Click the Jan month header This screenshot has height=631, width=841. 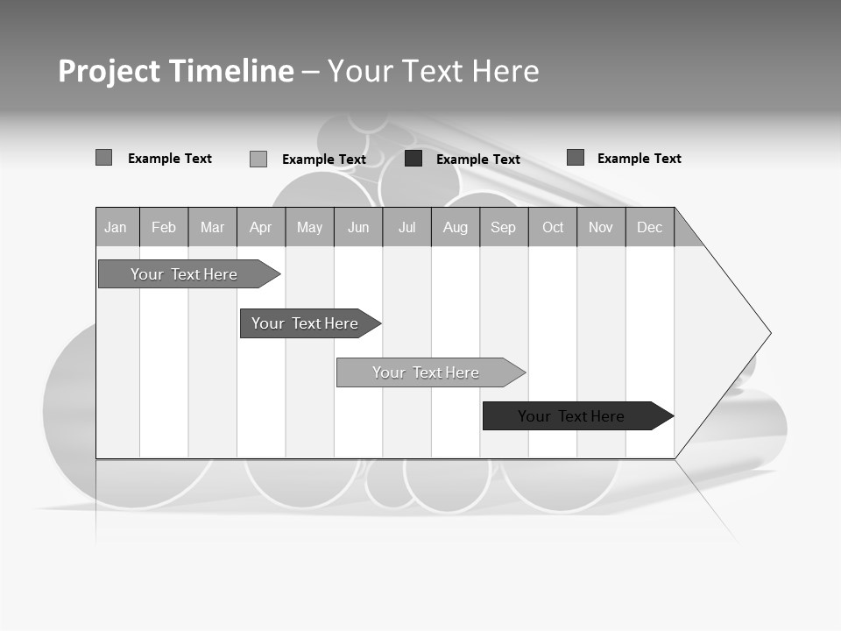click(116, 228)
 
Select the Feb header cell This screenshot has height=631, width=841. click(164, 228)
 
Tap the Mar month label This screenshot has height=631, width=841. click(212, 228)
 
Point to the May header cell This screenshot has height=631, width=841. click(309, 228)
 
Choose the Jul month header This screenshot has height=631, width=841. click(406, 228)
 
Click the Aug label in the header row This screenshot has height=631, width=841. click(456, 228)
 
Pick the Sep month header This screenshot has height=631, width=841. click(504, 228)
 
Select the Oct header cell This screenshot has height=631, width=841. click(553, 228)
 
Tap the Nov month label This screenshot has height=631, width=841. click(601, 228)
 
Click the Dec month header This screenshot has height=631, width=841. click(650, 228)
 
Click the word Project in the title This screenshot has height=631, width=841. click(110, 71)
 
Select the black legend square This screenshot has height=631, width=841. click(413, 159)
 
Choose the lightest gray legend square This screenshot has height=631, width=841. click(258, 159)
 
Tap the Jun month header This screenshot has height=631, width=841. click(358, 228)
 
